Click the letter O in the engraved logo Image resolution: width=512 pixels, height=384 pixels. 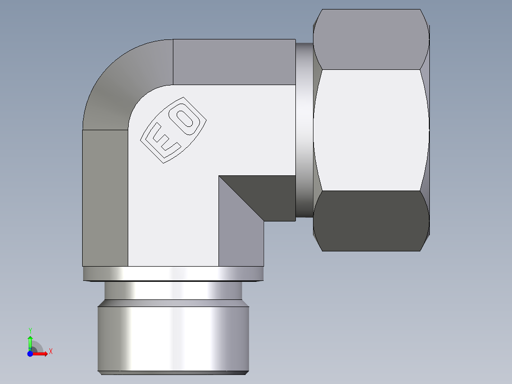[x=186, y=117]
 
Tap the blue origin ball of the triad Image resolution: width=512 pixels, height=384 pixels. [x=30, y=353]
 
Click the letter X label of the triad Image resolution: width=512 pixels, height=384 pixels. [x=50, y=352]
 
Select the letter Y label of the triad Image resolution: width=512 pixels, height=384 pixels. [x=30, y=330]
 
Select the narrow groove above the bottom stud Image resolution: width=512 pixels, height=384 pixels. [x=173, y=291]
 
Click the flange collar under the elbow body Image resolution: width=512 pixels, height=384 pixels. [x=173, y=273]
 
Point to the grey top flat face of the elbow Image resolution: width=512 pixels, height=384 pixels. [x=233, y=62]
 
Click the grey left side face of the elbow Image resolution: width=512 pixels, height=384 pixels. [x=105, y=197]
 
